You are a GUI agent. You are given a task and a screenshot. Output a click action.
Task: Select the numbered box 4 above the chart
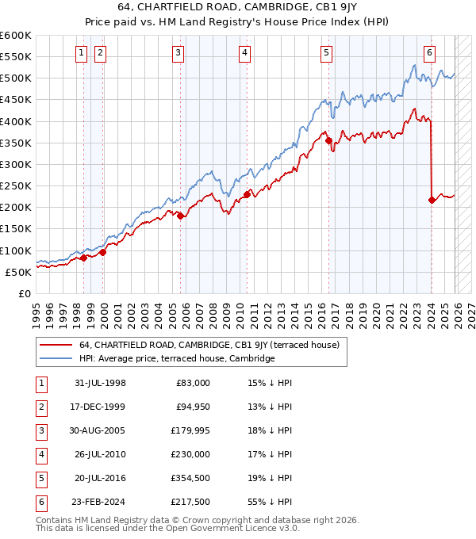click(x=244, y=53)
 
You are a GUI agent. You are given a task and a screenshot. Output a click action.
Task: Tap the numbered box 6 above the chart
click(x=429, y=53)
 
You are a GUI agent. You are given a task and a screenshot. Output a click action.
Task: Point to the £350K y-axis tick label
click(x=15, y=143)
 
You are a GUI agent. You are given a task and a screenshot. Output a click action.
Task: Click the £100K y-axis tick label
click(x=15, y=250)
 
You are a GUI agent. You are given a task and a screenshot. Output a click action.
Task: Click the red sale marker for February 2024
click(x=432, y=200)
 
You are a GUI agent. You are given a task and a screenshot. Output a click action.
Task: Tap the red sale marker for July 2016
click(x=328, y=141)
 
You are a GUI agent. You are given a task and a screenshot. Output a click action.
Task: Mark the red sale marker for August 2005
click(x=181, y=216)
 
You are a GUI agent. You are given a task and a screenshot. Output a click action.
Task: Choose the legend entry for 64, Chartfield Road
click(x=209, y=345)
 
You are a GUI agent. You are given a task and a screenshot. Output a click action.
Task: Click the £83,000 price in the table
click(x=194, y=383)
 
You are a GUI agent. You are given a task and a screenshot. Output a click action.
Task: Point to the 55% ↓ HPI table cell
click(x=272, y=502)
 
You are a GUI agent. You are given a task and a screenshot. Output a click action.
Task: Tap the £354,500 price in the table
click(x=190, y=478)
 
